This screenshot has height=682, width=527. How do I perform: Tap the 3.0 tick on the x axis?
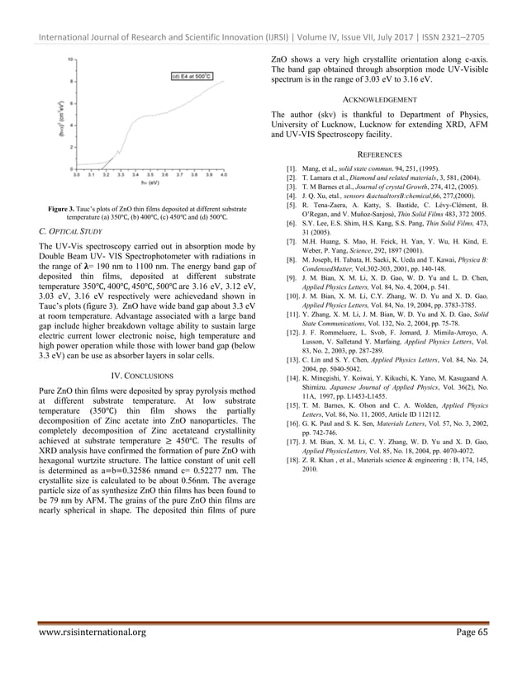pos(77,174)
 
